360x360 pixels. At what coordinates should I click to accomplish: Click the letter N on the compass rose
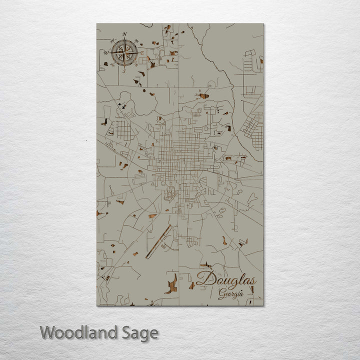pyautogui.click(x=124, y=34)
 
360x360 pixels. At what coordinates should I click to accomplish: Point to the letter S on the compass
pyautogui.click(x=124, y=71)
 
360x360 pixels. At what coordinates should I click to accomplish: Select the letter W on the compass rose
pyautogui.click(x=106, y=52)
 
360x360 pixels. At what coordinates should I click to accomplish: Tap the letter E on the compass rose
pyautogui.click(x=142, y=52)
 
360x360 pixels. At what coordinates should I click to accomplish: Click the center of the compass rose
pyautogui.click(x=124, y=52)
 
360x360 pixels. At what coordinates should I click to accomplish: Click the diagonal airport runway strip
pyautogui.click(x=159, y=241)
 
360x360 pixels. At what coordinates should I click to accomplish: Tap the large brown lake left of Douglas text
pyautogui.click(x=171, y=284)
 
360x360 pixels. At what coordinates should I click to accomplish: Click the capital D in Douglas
pyautogui.click(x=204, y=279)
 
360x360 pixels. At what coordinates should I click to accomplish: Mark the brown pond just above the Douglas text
pyautogui.click(x=205, y=266)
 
